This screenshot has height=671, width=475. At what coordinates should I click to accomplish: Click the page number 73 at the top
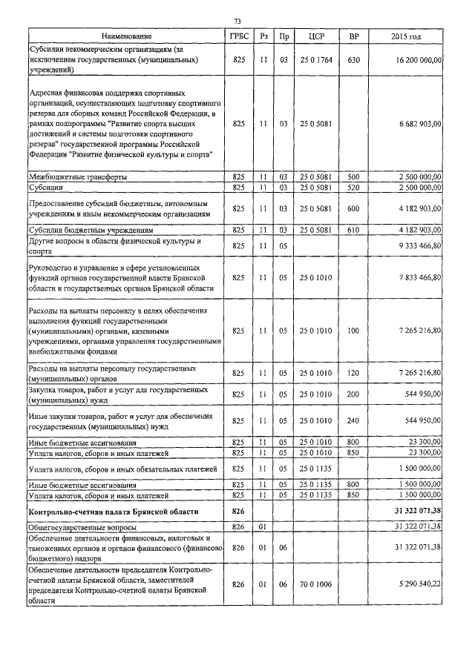click(x=237, y=21)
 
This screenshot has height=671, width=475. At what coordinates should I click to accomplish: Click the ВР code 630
click(x=353, y=58)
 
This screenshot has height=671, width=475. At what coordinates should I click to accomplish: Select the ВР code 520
click(x=353, y=188)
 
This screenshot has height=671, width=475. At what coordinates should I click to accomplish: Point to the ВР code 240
click(x=353, y=420)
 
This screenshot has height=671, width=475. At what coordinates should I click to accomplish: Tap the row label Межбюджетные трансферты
click(x=77, y=177)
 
